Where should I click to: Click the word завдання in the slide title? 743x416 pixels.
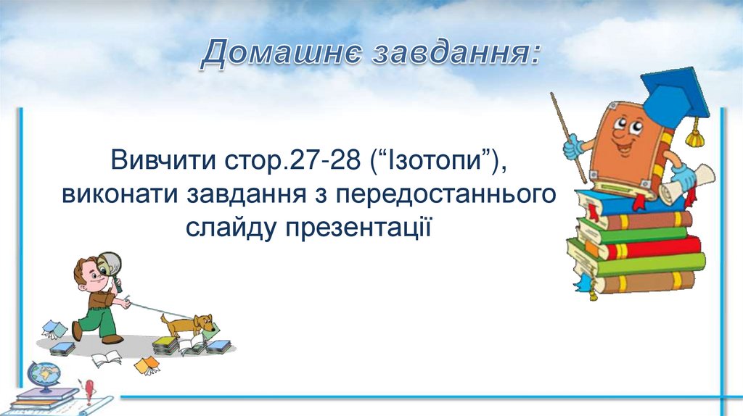point(456,53)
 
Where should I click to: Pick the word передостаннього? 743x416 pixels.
point(446,195)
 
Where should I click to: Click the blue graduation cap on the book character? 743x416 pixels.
point(678,97)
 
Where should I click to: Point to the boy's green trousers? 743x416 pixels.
point(98,320)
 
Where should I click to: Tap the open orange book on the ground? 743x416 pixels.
point(147,365)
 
